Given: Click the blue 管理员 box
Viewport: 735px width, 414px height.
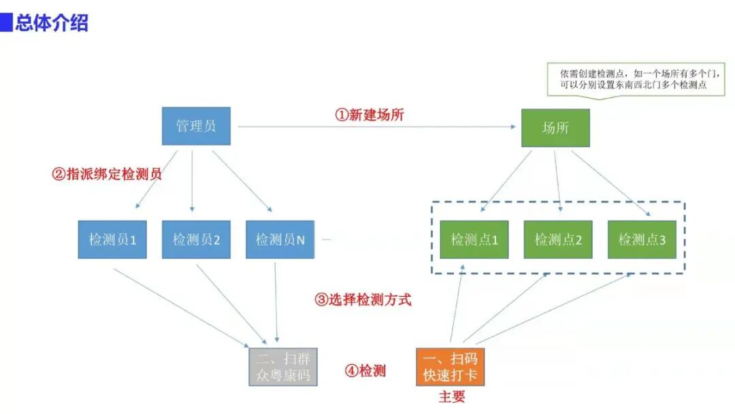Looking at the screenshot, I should (x=196, y=126).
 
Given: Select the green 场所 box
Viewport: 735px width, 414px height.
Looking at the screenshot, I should (x=555, y=128).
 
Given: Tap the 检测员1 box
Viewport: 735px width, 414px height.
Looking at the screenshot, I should (x=112, y=240).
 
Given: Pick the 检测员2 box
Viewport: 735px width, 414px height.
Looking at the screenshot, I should (x=196, y=240).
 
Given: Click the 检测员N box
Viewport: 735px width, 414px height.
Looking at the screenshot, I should (x=280, y=240).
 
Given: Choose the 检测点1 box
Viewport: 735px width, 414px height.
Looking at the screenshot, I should (x=474, y=240).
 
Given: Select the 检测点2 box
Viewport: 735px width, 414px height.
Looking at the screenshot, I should (x=558, y=240).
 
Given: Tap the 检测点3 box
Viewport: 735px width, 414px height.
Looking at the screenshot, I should (x=642, y=240).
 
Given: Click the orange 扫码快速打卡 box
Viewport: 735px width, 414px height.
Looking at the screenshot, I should (x=450, y=367).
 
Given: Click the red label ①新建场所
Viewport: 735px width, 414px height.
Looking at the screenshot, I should (x=369, y=115).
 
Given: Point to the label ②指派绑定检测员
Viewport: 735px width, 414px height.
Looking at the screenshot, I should (x=107, y=174).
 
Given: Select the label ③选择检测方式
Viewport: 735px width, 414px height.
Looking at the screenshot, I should (x=363, y=299).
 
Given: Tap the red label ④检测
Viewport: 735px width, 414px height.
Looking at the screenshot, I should (x=365, y=371).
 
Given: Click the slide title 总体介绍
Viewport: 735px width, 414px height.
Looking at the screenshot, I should (x=52, y=23).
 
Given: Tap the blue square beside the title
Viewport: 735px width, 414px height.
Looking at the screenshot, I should (x=6, y=23).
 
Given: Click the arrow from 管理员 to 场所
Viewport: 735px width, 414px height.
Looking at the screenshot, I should (x=374, y=127).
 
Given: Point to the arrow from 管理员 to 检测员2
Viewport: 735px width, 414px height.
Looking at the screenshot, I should (x=193, y=180).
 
